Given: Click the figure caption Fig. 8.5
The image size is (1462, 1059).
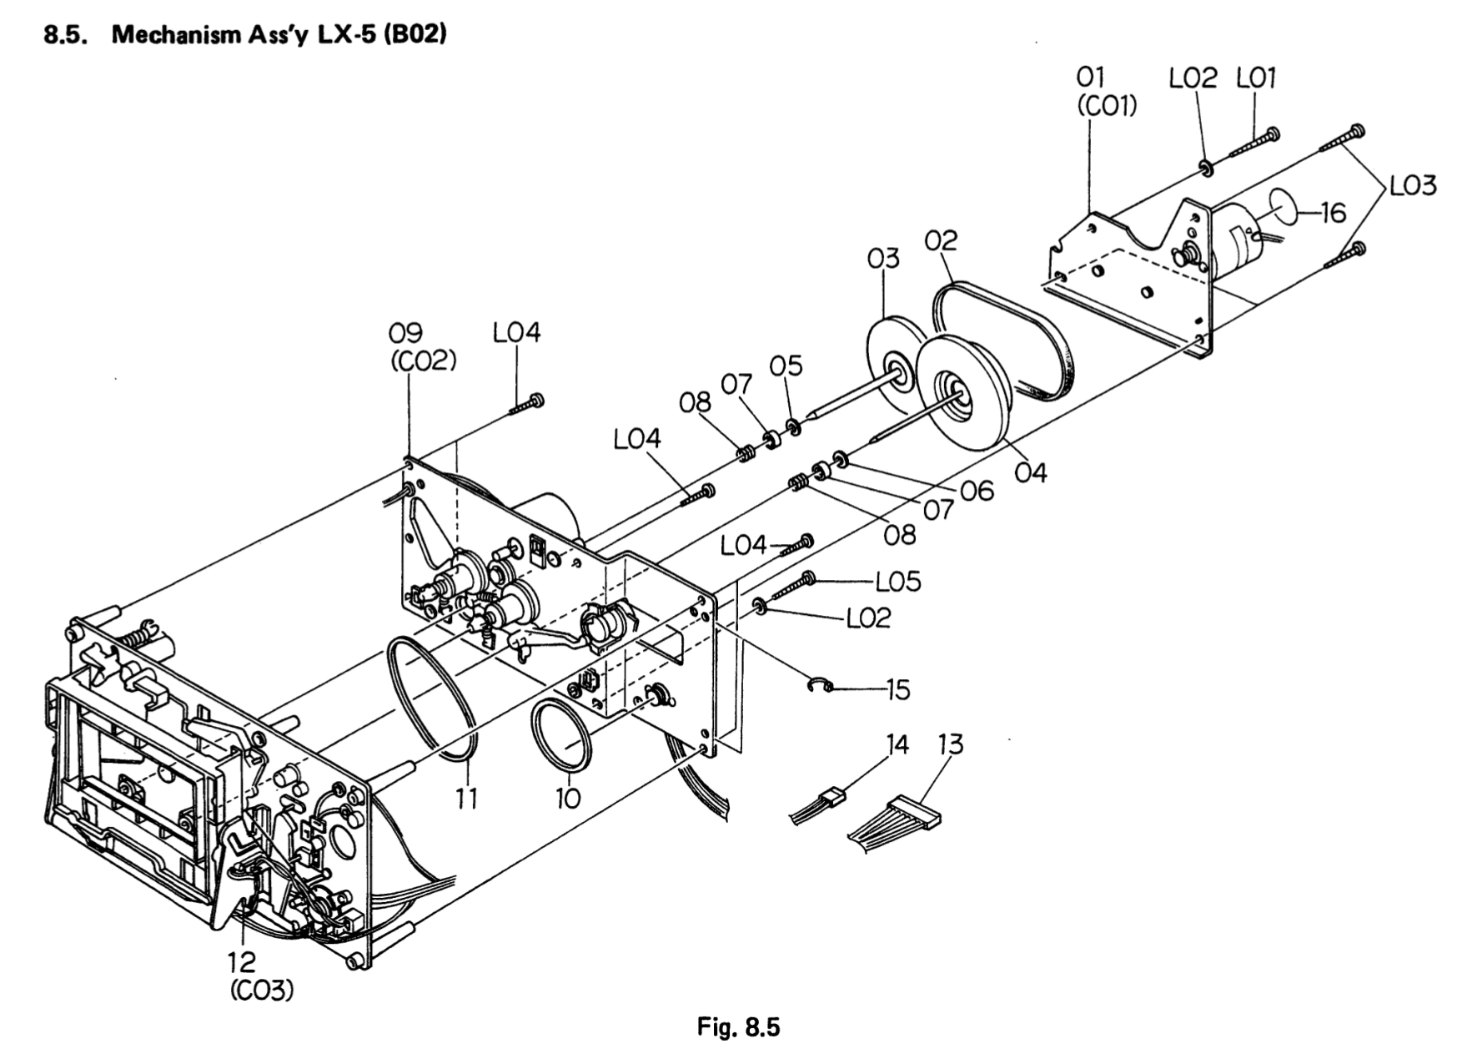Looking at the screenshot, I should pyautogui.click(x=737, y=1026).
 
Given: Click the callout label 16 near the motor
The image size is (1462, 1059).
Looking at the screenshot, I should pyautogui.click(x=1334, y=214).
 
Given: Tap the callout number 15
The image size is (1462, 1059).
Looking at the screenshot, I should pyautogui.click(x=897, y=690).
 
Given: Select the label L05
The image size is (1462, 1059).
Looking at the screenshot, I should pyautogui.click(x=897, y=581).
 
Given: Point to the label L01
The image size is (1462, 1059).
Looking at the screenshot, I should pyautogui.click(x=1256, y=79).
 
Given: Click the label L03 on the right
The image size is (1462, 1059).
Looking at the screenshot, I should pyautogui.click(x=1413, y=185).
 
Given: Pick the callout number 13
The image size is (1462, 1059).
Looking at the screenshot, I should pyautogui.click(x=950, y=744).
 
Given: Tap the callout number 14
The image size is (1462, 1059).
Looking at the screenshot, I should pyautogui.click(x=897, y=744).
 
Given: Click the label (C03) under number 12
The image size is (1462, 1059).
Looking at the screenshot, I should pyautogui.click(x=261, y=991).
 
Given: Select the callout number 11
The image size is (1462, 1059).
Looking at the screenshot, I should pyautogui.click(x=465, y=799).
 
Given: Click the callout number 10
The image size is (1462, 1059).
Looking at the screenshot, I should pyautogui.click(x=567, y=799).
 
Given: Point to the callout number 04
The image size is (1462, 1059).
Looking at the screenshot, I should pyautogui.click(x=1031, y=472).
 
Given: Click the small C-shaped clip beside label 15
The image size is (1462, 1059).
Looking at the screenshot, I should pyautogui.click(x=820, y=686).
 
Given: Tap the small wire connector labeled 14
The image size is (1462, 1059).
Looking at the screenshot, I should pyautogui.click(x=831, y=796).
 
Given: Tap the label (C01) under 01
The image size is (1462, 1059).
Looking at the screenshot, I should pyautogui.click(x=1107, y=107).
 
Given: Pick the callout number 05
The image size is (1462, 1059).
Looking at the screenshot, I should pyautogui.click(x=786, y=366).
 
